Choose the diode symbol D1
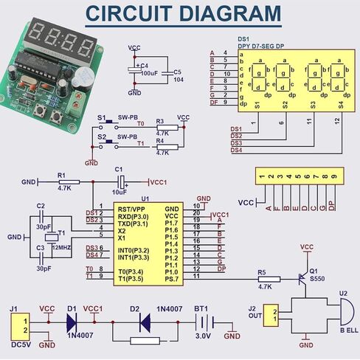click(x=72, y=321)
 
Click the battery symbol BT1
click(x=203, y=322)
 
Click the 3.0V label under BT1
click(x=202, y=338)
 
